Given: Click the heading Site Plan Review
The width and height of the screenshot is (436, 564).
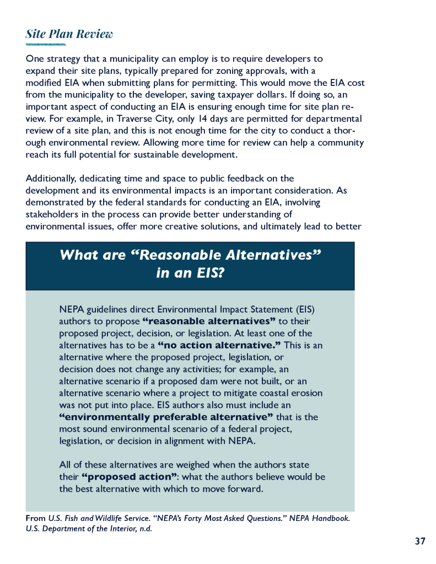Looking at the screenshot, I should [x=69, y=34].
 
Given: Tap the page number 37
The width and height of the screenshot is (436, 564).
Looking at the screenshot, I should [x=420, y=541].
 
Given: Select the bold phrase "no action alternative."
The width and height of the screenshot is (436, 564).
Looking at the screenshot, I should [x=219, y=345].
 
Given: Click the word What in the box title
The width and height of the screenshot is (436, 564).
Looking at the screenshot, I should [x=76, y=255].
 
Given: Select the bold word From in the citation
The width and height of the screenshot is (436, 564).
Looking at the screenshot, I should [x=36, y=518].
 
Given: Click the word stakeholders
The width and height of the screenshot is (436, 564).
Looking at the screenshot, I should [x=51, y=214].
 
